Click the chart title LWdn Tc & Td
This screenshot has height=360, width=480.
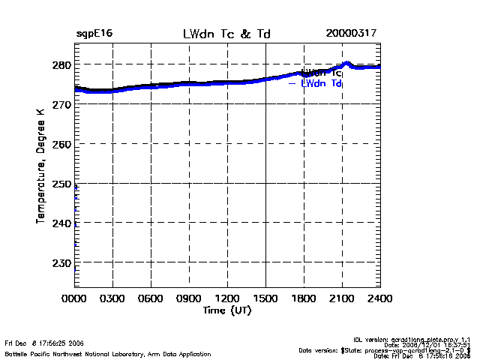click(226, 34)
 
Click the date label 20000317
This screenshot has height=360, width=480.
click(351, 34)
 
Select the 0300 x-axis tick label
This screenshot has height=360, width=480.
click(112, 298)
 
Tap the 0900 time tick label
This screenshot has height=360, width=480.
click(189, 298)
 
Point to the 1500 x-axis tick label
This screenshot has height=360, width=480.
click(265, 298)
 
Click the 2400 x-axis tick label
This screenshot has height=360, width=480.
click(380, 298)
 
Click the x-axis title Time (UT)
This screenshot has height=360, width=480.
click(226, 310)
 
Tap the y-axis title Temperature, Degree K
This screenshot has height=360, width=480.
click(40, 165)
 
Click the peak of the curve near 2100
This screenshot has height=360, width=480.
click(346, 63)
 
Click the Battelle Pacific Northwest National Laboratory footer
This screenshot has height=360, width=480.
click(108, 353)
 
